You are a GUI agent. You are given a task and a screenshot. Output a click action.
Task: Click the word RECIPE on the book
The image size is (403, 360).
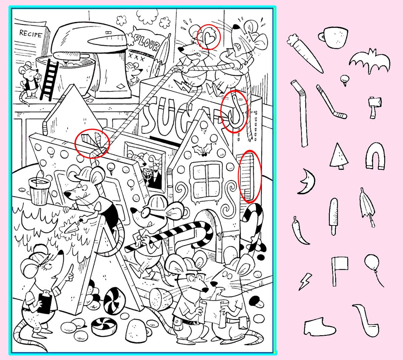tap(31, 34)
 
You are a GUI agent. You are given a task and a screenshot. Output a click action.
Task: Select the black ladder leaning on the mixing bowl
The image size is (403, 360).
tap(49, 80)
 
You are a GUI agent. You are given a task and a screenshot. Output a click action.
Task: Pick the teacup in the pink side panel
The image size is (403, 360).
tap(333, 37)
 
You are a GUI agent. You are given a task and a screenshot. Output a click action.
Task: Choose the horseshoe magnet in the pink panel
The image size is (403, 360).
tap(375, 156)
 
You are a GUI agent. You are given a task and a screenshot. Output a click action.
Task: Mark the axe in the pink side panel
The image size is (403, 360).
tap(374, 108)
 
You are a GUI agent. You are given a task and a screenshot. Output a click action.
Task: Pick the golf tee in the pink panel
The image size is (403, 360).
tap(344, 80)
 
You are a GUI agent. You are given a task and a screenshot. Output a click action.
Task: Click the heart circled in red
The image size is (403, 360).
tap(209, 38)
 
